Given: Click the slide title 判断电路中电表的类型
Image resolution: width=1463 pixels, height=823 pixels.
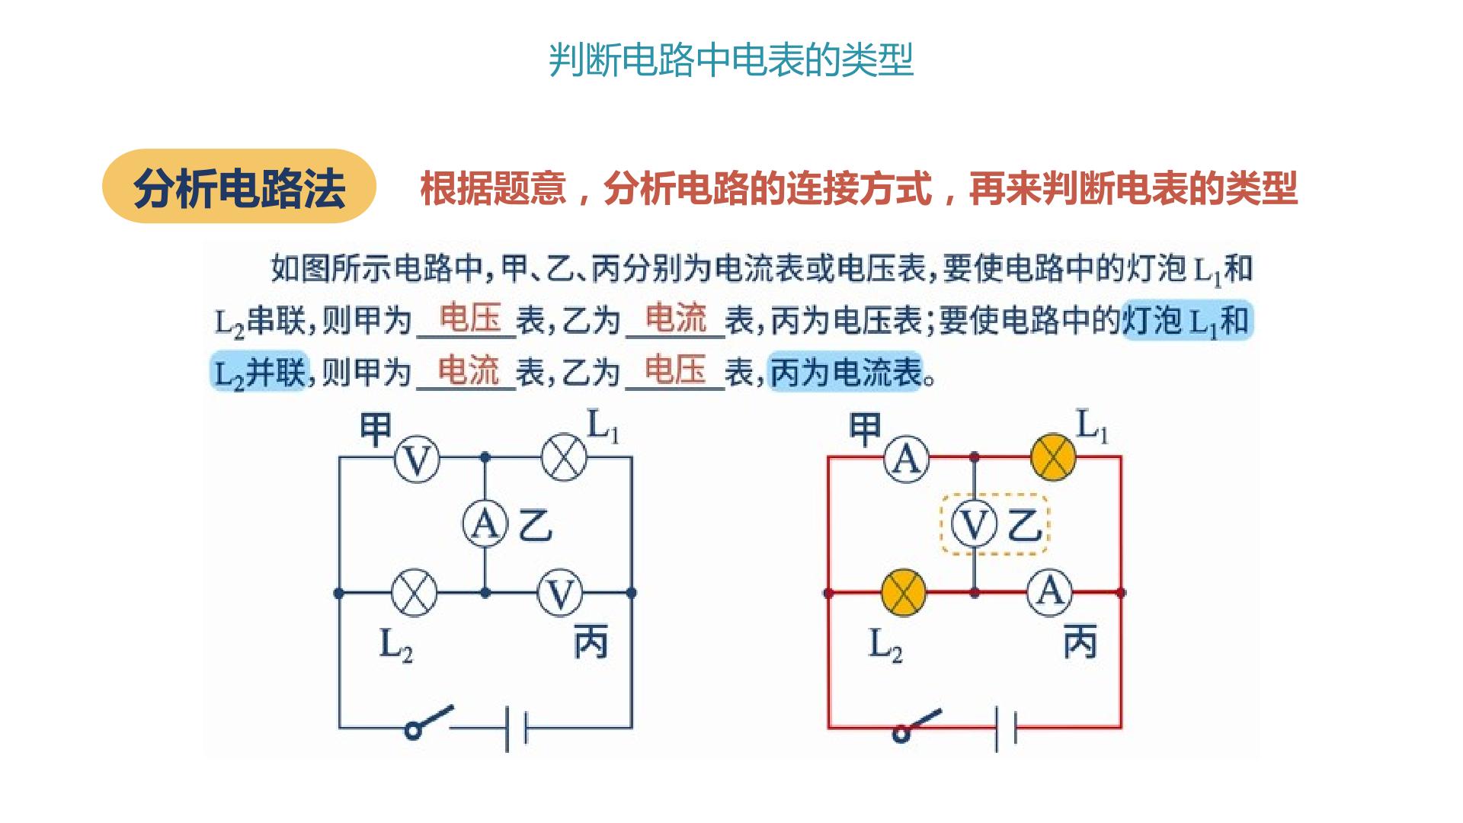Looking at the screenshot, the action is tap(731, 59).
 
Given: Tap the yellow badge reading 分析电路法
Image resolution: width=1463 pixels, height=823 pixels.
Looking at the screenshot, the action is tap(239, 186).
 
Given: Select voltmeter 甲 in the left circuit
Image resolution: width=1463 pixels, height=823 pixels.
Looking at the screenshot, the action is tap(417, 459).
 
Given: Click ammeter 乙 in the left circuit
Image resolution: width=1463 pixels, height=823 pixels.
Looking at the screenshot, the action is tap(485, 524).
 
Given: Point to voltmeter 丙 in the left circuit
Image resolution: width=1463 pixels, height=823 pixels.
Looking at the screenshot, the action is tap(560, 593).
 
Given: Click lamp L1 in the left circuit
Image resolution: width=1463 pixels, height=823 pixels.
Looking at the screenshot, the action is tap(564, 458).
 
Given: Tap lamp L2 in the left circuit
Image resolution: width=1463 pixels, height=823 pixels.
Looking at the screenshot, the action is tap(414, 592).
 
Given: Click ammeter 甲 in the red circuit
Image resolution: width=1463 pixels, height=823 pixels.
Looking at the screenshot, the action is tap(906, 458).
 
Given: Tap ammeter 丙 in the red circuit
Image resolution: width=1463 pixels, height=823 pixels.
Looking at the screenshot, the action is tap(1050, 592).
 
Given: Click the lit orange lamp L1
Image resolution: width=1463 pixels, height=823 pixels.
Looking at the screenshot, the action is tap(1053, 458).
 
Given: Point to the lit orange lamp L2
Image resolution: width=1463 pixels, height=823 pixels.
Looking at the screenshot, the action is tap(904, 593).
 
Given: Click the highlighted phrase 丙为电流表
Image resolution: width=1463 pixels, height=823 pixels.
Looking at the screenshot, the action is tap(846, 373).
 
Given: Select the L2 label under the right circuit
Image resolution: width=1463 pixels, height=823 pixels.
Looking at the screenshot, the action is tap(885, 646).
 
